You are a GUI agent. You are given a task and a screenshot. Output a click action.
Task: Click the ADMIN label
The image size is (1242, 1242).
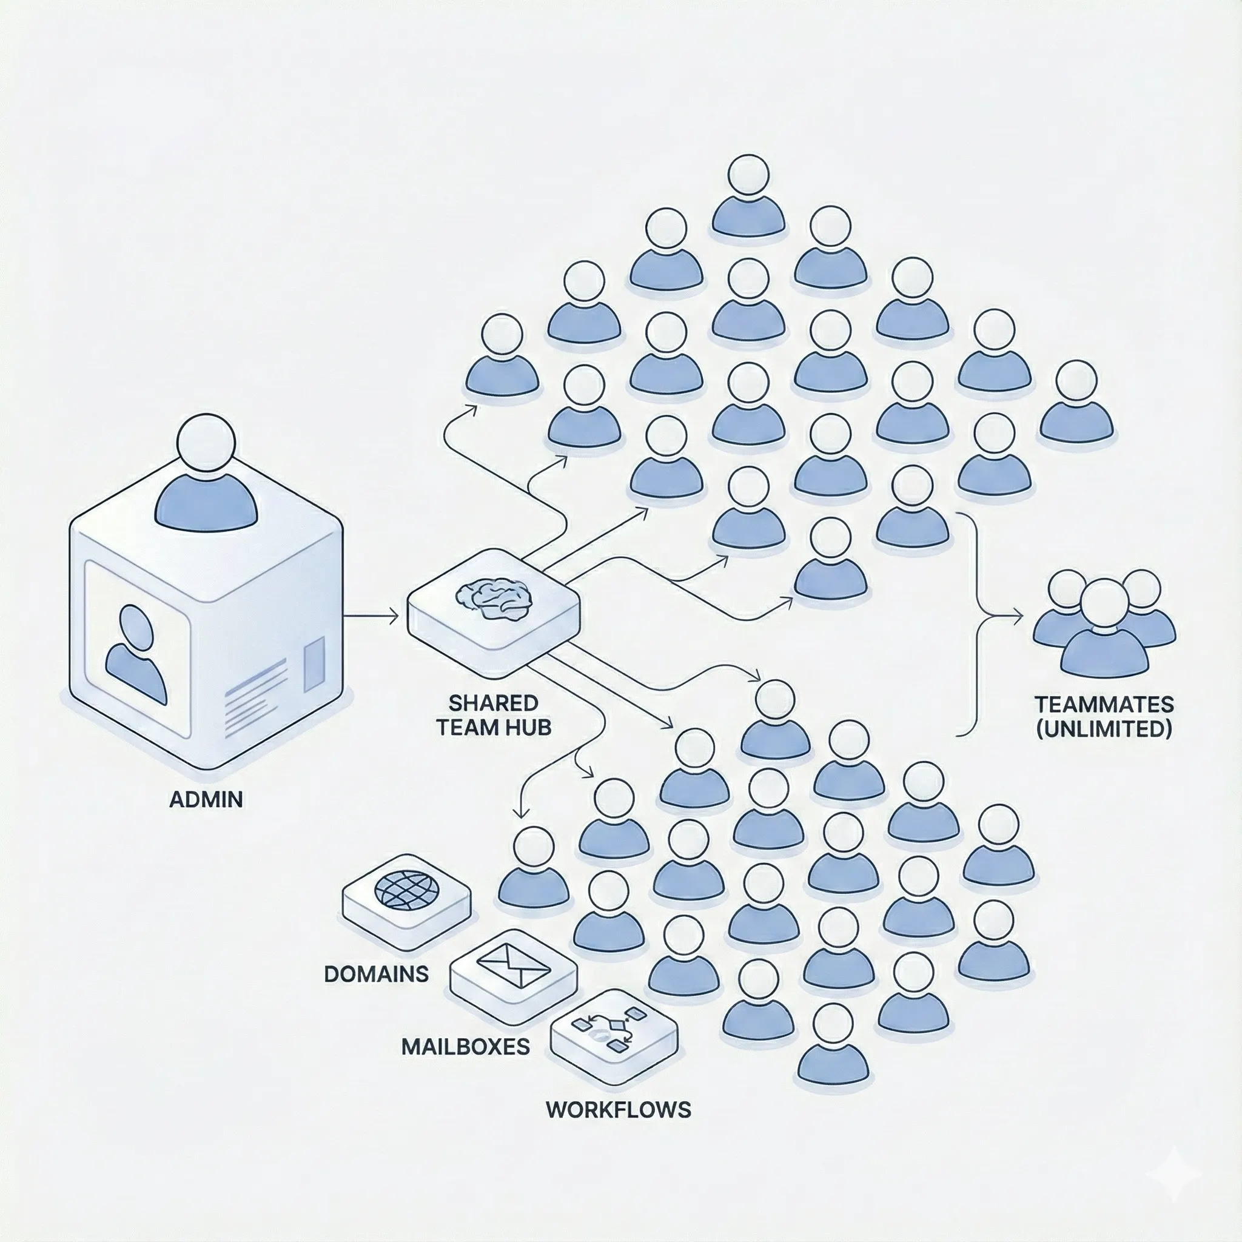(x=206, y=799)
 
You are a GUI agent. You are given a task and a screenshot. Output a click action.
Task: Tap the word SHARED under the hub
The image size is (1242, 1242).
(x=493, y=703)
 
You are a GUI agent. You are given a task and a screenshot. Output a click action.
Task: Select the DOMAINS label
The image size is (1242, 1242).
(x=376, y=974)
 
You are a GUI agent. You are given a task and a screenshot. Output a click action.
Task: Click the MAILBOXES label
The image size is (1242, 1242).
(x=465, y=1047)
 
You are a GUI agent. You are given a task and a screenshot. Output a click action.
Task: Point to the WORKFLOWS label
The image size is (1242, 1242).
(x=619, y=1110)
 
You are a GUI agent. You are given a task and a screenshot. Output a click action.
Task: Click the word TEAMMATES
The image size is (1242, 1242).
(x=1104, y=705)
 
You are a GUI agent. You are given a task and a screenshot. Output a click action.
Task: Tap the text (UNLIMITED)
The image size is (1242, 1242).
(x=1104, y=729)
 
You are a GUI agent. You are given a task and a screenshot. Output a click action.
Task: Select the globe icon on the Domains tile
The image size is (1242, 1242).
(x=406, y=890)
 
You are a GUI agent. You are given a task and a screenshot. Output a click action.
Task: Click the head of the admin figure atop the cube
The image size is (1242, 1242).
(x=206, y=443)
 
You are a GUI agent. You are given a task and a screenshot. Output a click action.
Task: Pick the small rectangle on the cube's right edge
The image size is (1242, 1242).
(x=314, y=665)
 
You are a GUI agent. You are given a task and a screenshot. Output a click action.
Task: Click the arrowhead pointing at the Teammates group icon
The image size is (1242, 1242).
(x=1018, y=617)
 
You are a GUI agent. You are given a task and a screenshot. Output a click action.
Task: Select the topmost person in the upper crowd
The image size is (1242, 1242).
(x=748, y=196)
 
